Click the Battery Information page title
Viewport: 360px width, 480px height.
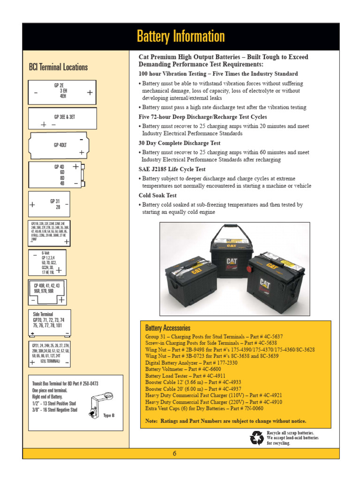pos(180,37)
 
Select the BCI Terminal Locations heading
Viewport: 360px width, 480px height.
pos(58,67)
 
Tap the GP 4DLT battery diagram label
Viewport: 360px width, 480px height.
pos(60,145)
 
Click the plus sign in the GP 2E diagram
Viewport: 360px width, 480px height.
pos(90,93)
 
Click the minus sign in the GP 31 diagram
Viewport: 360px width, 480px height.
pos(67,204)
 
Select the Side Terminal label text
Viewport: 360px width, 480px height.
pos(43,314)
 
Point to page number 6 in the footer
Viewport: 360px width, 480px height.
pos(174,453)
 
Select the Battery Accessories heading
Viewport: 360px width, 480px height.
pos(167,328)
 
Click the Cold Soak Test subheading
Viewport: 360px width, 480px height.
pos(157,195)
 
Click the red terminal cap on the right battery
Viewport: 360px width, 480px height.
pos(249,271)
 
